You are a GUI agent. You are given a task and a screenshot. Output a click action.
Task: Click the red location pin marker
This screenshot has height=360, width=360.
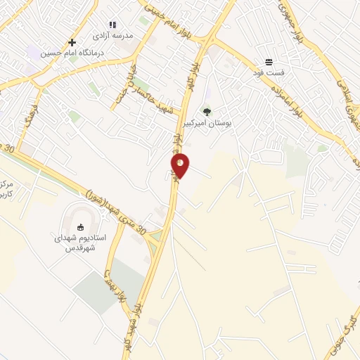pyautogui.click(x=180, y=165)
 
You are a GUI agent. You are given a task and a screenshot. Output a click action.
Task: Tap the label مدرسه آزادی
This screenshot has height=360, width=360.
pyautogui.click(x=112, y=34)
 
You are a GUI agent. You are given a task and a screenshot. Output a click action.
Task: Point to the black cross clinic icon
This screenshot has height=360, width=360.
pyautogui.click(x=72, y=42)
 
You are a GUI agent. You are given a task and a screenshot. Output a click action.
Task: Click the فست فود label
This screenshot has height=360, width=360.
pyautogui.click(x=269, y=72)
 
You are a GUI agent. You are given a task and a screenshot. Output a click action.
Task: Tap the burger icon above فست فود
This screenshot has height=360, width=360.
pyautogui.click(x=269, y=62)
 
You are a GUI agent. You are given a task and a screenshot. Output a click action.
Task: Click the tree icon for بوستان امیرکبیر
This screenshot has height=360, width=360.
pyautogui.click(x=207, y=110)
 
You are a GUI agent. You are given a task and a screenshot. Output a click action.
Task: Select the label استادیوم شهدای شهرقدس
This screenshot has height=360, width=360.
pyautogui.click(x=80, y=243)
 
